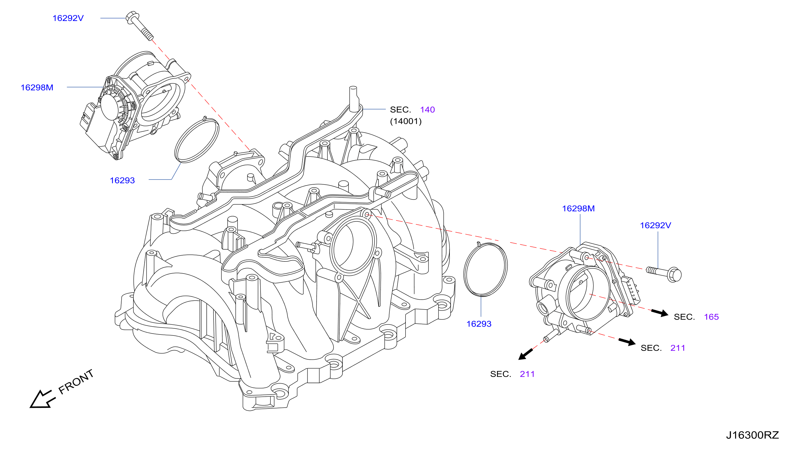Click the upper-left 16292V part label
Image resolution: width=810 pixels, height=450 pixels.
pos(68,18)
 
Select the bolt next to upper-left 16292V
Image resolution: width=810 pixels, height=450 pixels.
pos(139,26)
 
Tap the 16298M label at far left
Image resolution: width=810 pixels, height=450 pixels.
pos(37,87)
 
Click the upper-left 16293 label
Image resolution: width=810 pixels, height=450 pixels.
pos(122,180)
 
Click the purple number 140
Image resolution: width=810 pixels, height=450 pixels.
pos(427,109)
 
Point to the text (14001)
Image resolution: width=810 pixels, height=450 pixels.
pos(406,121)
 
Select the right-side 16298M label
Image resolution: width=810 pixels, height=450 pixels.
pos(578,209)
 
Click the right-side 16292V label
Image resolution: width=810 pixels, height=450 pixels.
pos(655,225)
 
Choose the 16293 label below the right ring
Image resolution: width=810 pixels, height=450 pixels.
pos(479,324)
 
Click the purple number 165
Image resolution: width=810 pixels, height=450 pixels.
pos(711,317)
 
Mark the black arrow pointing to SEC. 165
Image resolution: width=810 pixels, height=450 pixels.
pos(659,313)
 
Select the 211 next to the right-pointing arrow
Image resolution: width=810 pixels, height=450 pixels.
pos(677,348)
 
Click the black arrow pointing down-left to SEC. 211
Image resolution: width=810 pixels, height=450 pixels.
pos(526,354)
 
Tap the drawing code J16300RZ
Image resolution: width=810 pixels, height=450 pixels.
pos(752,435)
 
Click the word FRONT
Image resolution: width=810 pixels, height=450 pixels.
pos(76,382)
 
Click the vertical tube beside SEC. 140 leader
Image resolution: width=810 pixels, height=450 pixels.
pos(353,99)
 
